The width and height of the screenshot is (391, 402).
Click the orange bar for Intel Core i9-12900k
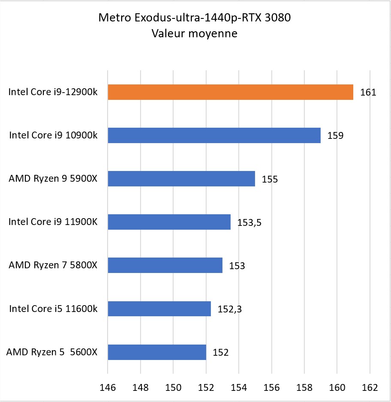pyautogui.click(x=230, y=92)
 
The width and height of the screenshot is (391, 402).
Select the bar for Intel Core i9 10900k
pyautogui.click(x=214, y=135)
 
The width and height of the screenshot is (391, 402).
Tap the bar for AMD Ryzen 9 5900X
pyautogui.click(x=181, y=179)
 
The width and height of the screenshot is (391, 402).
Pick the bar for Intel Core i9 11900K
pyautogui.click(x=169, y=222)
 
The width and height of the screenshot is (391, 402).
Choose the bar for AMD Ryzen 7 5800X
pyautogui.click(x=165, y=265)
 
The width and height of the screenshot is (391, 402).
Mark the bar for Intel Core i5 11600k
pyautogui.click(x=159, y=309)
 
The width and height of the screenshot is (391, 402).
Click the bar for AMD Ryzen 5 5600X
pyautogui.click(x=157, y=352)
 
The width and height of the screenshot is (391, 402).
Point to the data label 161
pyautogui.click(x=368, y=92)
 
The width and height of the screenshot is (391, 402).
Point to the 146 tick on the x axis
pyautogui.click(x=108, y=387)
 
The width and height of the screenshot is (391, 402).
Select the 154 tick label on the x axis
pyautogui.click(x=239, y=387)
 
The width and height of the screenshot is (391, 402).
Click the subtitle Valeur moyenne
pyautogui.click(x=195, y=33)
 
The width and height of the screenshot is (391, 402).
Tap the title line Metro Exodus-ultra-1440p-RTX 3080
pyautogui.click(x=195, y=18)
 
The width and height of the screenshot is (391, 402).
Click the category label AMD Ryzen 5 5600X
pyautogui.click(x=52, y=352)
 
